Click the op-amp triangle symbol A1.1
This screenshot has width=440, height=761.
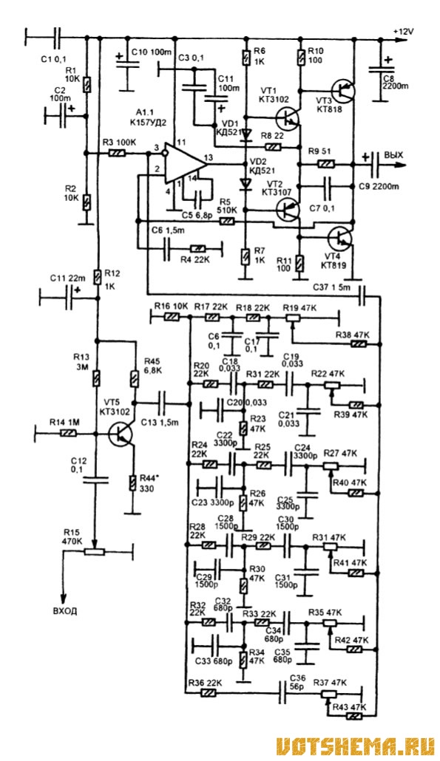coord(186,163)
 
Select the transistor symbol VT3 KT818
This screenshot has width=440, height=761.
coord(343,90)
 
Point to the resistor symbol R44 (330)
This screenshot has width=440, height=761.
coord(132,483)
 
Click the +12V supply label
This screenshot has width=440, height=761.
coord(403,31)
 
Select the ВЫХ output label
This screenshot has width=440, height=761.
coord(394,155)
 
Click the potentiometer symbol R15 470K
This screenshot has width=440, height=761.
coord(95,552)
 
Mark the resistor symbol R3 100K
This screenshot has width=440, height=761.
coord(118,154)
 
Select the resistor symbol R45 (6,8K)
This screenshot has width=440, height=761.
coord(135,378)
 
